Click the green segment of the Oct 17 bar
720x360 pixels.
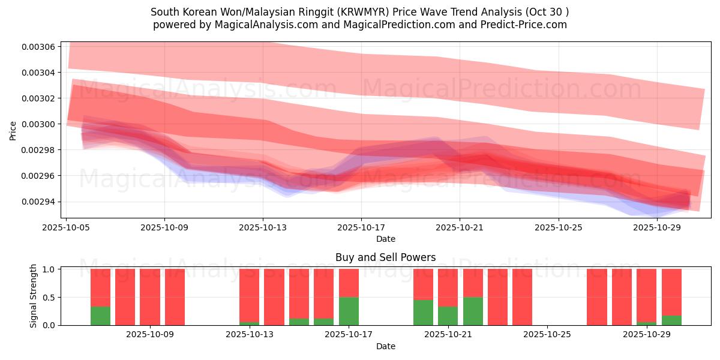click(349, 311)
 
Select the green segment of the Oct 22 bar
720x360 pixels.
click(473, 311)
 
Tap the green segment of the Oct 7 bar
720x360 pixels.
click(100, 316)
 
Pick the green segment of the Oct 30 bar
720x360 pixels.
click(671, 320)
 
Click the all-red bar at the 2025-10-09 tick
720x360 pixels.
click(175, 297)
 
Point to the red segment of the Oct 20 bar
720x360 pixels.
click(423, 284)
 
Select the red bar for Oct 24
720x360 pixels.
click(522, 297)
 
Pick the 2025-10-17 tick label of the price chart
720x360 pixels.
click(361, 227)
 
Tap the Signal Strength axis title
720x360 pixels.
click(34, 296)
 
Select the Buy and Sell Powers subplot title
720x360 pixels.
click(385, 257)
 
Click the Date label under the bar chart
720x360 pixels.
click(385, 346)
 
